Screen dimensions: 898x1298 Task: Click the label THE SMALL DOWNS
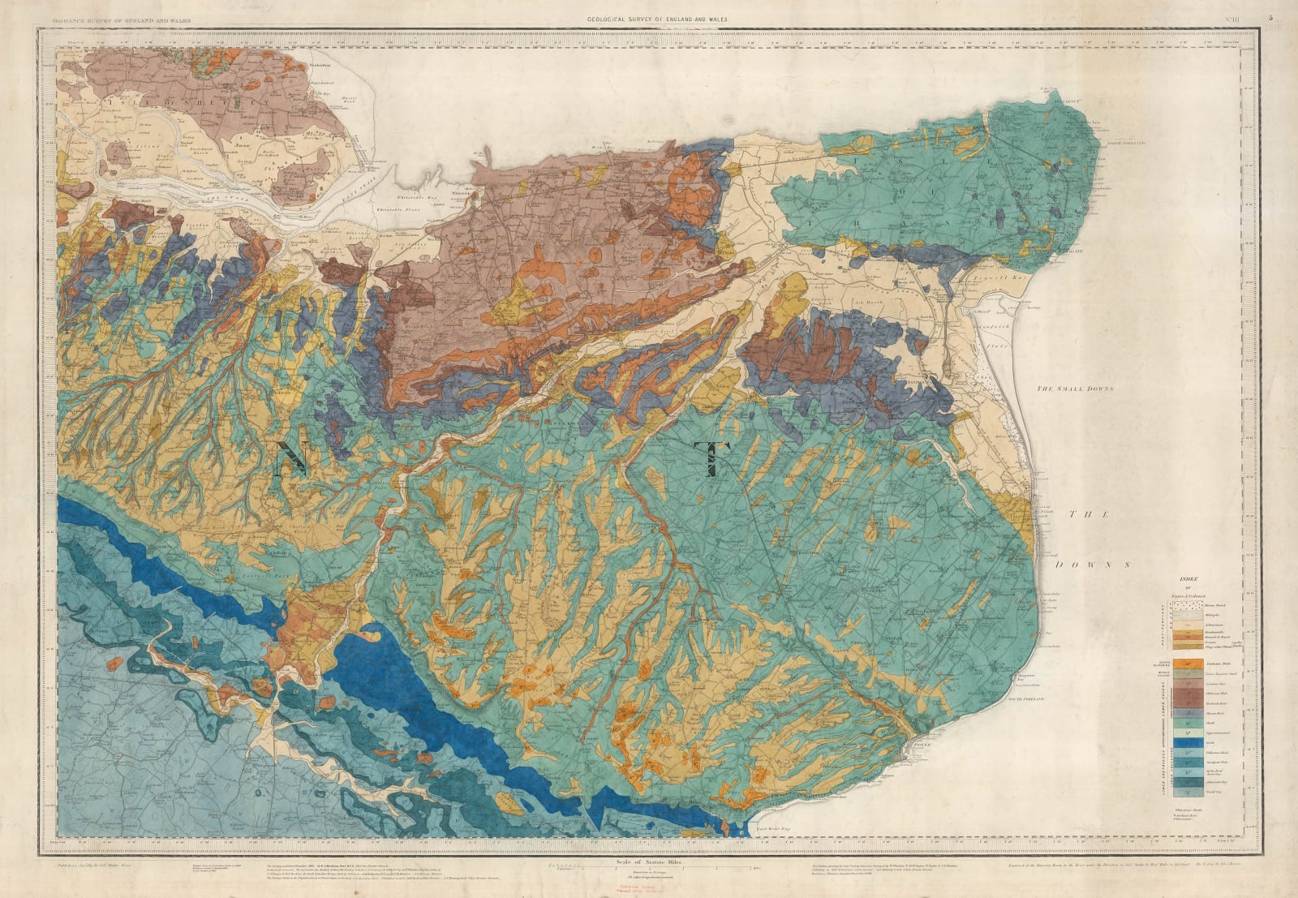[x=1076, y=389]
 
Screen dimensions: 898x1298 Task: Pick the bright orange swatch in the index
[x=1166, y=664]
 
